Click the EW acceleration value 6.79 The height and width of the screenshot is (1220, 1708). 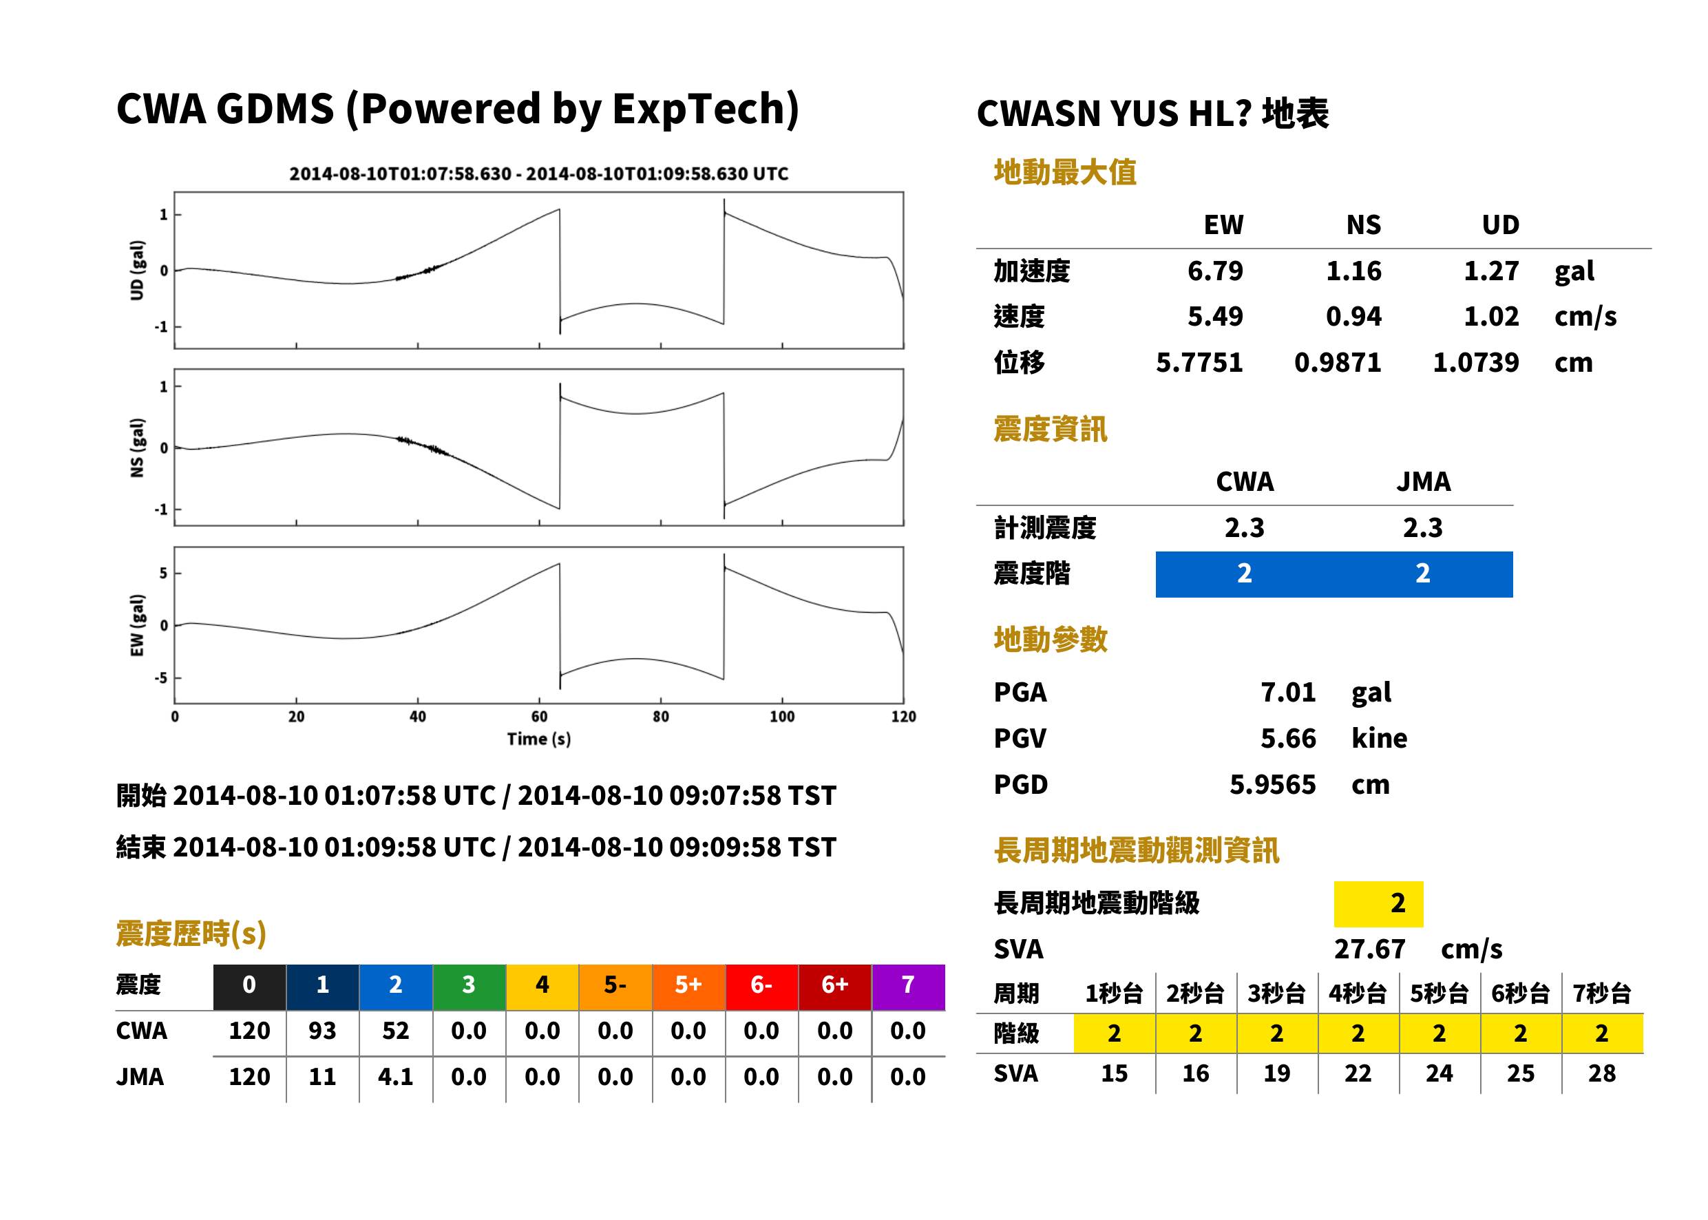coord(1214,271)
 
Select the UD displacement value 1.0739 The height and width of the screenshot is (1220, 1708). coord(1475,362)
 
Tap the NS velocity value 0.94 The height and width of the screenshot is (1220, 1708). coord(1353,316)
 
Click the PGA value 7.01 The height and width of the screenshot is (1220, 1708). coord(1287,692)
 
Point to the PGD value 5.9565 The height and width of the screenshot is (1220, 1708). coord(1272,784)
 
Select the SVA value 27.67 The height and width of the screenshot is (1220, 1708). coord(1369,949)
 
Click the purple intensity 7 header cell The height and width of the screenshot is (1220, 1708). coord(908,985)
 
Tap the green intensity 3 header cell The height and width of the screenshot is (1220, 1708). coord(469,985)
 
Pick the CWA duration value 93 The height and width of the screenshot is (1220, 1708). coord(322,1031)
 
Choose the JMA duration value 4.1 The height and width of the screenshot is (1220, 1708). coord(395,1077)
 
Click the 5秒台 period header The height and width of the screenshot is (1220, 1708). coord(1439,993)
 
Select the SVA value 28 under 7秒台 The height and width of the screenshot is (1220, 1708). coord(1601,1073)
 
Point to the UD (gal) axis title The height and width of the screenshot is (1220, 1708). coord(137,271)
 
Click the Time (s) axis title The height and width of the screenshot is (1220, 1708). coord(538,739)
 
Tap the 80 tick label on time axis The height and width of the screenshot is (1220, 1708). coord(660,717)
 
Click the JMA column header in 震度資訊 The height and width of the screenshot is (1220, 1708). coord(1424,481)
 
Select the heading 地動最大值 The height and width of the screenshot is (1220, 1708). coord(1065,172)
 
